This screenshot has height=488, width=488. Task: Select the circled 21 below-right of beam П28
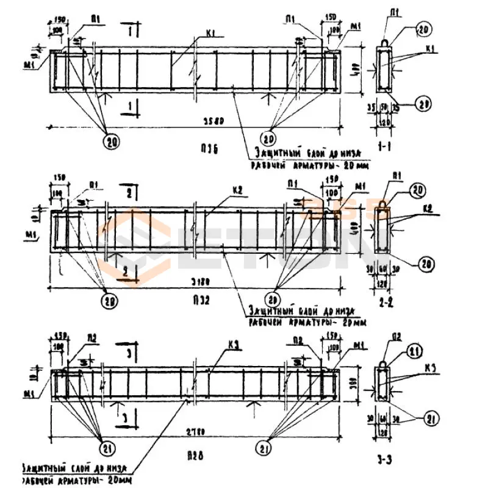[x=265, y=450]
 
